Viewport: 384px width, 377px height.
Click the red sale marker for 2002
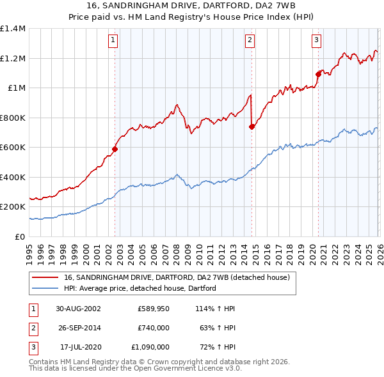point(115,149)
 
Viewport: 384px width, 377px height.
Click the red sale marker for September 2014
point(252,127)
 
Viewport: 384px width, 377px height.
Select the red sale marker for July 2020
point(317,74)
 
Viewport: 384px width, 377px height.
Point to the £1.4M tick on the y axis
point(12,29)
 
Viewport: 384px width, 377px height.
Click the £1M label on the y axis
point(16,88)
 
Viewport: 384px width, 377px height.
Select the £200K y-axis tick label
point(12,207)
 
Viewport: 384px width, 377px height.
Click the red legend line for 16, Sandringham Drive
point(45,277)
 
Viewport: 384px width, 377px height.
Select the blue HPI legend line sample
point(45,288)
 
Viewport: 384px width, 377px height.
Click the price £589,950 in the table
point(154,309)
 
